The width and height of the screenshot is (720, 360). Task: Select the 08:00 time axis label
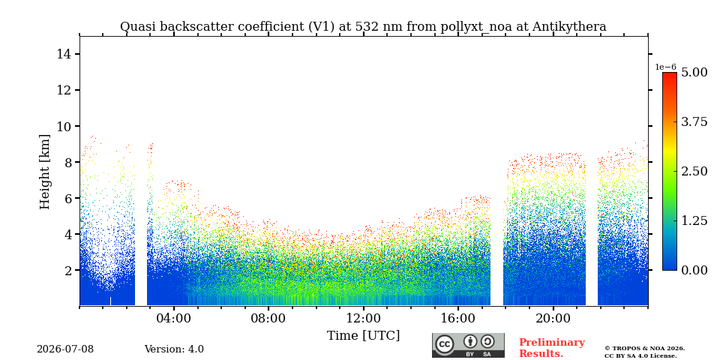[x=268, y=318]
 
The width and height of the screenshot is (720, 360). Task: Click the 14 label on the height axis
[x=63, y=54]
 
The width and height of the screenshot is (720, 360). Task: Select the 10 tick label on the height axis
[x=63, y=126]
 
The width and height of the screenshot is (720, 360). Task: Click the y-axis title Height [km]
[x=44, y=172]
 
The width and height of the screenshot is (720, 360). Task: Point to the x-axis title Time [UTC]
[x=363, y=336]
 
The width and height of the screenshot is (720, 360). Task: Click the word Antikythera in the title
[x=569, y=27]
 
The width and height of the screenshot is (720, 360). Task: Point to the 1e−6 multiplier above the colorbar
[x=665, y=67]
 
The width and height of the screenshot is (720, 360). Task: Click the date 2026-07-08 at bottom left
[x=65, y=349]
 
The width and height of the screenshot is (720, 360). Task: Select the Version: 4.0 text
[x=174, y=349]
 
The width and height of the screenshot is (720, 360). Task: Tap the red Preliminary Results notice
[x=552, y=348]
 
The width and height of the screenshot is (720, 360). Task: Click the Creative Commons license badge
[x=468, y=345]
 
